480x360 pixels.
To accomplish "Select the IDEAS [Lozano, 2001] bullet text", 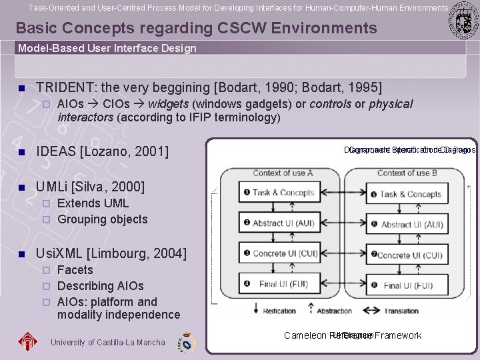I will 102,152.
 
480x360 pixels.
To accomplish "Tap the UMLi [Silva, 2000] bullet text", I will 90,187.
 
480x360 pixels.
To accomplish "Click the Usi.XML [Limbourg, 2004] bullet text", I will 111,253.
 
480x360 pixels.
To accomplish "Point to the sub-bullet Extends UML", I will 93,203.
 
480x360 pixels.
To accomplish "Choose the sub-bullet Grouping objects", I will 102,219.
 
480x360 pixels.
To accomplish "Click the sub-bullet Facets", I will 75,269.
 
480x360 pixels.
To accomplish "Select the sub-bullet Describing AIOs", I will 100,285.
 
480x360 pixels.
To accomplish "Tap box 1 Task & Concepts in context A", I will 279,193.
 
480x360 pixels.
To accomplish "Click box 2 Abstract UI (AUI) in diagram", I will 279,223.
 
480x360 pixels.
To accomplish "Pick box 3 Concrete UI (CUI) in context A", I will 279,254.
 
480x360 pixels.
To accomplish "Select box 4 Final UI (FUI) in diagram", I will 279,284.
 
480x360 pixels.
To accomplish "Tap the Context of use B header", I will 407,173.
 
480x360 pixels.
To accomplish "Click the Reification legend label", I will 279,311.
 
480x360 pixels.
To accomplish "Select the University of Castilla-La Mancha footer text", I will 107,342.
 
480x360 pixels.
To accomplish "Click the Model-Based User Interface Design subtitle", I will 107,48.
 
